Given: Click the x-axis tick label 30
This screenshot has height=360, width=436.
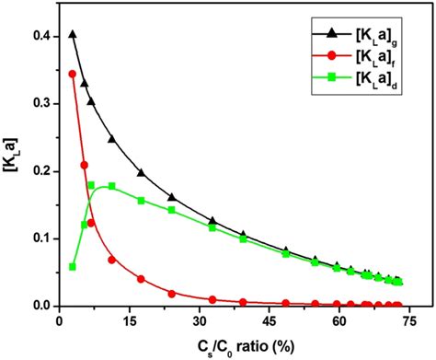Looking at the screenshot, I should pos(200,321).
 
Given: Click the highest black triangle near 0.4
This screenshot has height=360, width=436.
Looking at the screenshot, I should pos(73,34).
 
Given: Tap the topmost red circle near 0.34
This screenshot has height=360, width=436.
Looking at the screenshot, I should pos(73,74).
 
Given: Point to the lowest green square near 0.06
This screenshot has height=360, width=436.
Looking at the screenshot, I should pos(73,266).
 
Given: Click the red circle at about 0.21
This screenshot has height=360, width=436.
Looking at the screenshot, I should pos(85,165).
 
